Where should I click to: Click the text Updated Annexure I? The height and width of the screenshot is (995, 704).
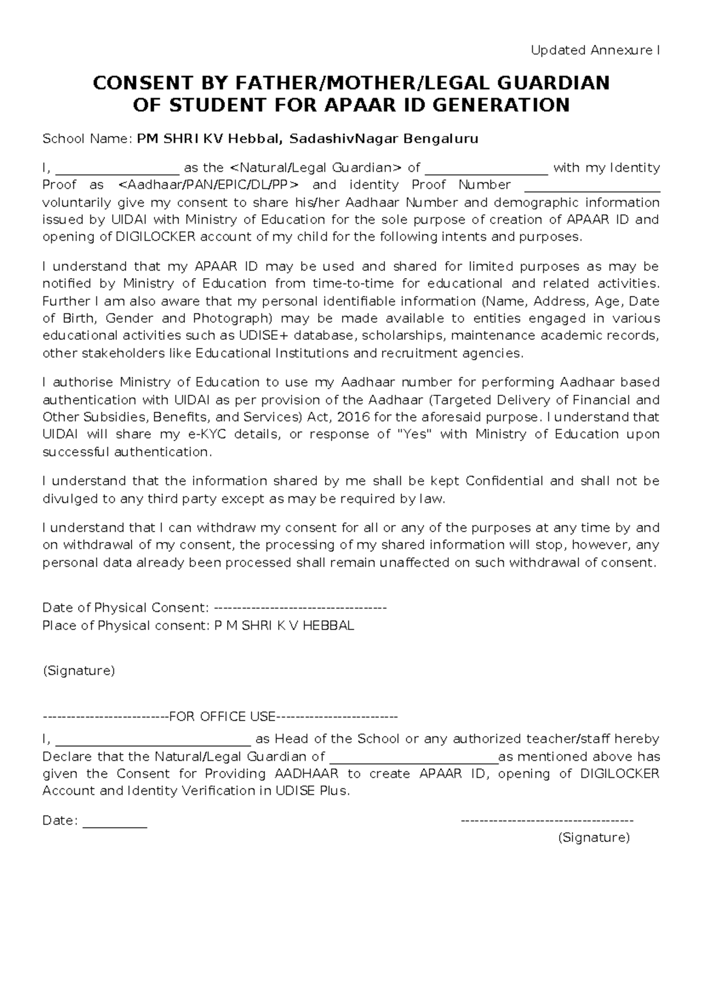(x=595, y=50)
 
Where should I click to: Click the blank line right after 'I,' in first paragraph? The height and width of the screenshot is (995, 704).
(x=117, y=169)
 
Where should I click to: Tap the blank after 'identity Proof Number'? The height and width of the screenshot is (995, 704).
(x=592, y=187)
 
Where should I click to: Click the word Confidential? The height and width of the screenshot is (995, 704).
(x=504, y=481)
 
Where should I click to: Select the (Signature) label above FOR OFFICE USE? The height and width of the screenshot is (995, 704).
(x=79, y=671)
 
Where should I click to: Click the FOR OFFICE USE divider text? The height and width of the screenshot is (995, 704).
(x=222, y=717)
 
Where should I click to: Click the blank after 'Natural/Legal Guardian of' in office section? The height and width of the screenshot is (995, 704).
(x=414, y=757)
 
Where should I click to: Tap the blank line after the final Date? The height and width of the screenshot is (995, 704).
(x=115, y=821)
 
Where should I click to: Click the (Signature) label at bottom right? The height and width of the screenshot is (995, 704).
(x=594, y=838)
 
